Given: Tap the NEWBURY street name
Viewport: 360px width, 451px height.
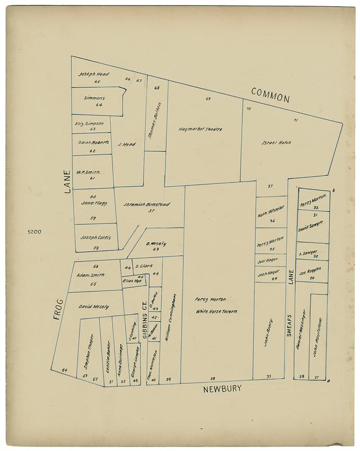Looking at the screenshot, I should point(222,388).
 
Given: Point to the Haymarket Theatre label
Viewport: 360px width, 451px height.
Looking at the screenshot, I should point(201,129).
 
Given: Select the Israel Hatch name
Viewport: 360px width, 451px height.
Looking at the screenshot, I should point(276,143).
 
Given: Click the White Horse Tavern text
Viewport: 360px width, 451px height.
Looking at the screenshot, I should point(216,311).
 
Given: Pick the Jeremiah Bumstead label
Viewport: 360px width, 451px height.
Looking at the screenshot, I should point(146,204).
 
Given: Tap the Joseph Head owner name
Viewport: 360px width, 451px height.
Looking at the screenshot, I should point(94,74).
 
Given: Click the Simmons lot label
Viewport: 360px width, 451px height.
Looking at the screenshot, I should point(94,98).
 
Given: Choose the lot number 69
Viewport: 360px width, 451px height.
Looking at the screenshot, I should point(208,99).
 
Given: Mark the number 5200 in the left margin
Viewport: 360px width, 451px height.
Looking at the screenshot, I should point(35,231).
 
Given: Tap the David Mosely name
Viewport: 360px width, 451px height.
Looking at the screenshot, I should point(94,307).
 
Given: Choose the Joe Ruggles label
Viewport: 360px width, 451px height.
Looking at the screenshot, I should point(310,273).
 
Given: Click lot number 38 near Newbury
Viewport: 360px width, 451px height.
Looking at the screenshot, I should point(212,378).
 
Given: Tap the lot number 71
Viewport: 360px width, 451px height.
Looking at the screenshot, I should point(295,121).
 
